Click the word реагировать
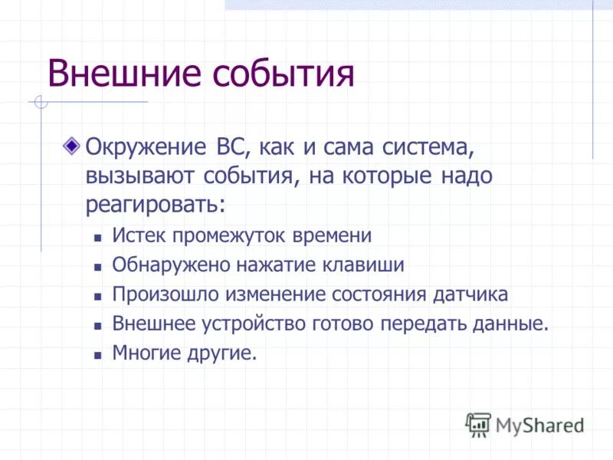click(x=156, y=205)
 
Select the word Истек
click(x=137, y=235)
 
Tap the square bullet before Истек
click(x=97, y=238)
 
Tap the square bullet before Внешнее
click(x=97, y=326)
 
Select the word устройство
click(x=256, y=324)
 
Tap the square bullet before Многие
click(x=97, y=356)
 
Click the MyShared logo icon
click(x=478, y=424)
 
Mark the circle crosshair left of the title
click(x=41, y=101)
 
